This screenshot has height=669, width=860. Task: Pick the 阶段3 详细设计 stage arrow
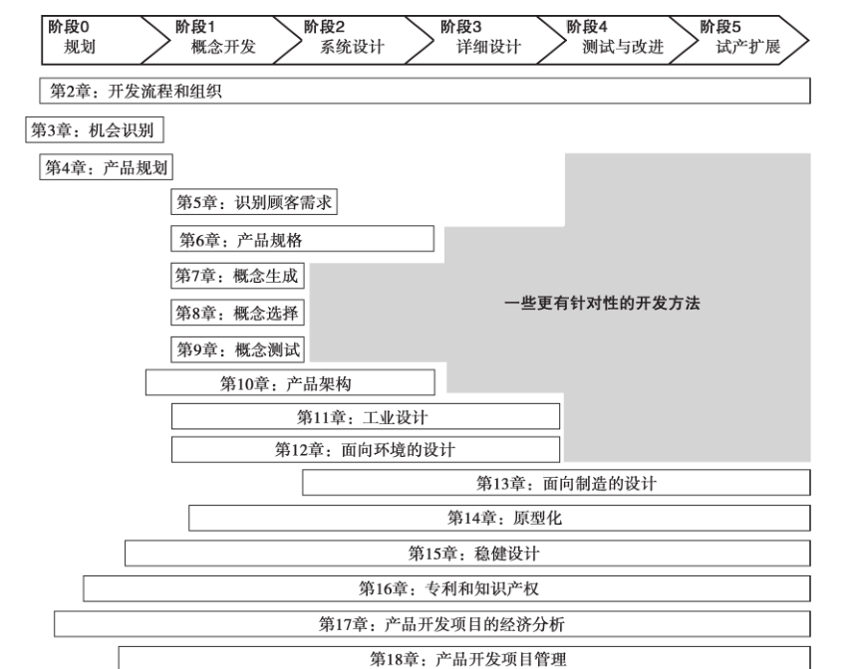[486, 40]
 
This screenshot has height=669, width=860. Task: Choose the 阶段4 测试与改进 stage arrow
[618, 40]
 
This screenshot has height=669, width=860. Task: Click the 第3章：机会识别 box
[95, 129]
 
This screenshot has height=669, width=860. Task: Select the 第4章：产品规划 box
[106, 167]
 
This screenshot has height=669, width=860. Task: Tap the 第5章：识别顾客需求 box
[254, 202]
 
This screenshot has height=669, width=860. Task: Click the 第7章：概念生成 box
[237, 275]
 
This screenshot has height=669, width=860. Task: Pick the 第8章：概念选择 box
[237, 313]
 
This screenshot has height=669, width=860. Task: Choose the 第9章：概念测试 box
[237, 349]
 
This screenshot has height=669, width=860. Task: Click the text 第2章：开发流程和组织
[136, 91]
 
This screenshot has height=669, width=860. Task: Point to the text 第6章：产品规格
[241, 240]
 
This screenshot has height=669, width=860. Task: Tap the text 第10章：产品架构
[286, 383]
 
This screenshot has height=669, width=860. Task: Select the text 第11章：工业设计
[362, 417]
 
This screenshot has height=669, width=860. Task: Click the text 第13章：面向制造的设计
[566, 483]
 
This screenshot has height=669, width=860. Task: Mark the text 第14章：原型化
[504, 518]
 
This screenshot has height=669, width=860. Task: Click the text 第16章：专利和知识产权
[448, 588]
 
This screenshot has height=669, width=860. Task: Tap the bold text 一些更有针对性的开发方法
[602, 303]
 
